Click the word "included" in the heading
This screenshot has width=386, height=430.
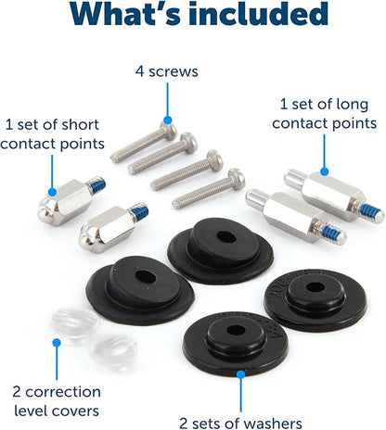(x=259, y=14)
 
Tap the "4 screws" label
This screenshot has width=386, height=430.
(x=167, y=71)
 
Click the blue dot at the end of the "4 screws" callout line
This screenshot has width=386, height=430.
(x=168, y=120)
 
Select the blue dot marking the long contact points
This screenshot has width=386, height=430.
(x=324, y=171)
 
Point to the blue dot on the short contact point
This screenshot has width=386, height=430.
(x=52, y=192)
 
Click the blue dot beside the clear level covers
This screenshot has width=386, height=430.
(x=57, y=343)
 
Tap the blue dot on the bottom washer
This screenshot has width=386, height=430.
(x=240, y=374)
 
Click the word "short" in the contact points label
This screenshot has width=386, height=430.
(x=81, y=125)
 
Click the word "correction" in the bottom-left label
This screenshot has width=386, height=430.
(x=63, y=392)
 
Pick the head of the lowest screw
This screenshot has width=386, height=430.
(x=237, y=178)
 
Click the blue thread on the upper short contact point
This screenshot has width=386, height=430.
(x=97, y=184)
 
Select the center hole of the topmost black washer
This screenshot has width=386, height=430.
(x=226, y=237)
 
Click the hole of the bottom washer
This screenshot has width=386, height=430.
(x=236, y=330)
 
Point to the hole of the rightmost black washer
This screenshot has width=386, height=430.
(x=315, y=287)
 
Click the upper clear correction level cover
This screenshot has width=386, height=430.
(x=75, y=322)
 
